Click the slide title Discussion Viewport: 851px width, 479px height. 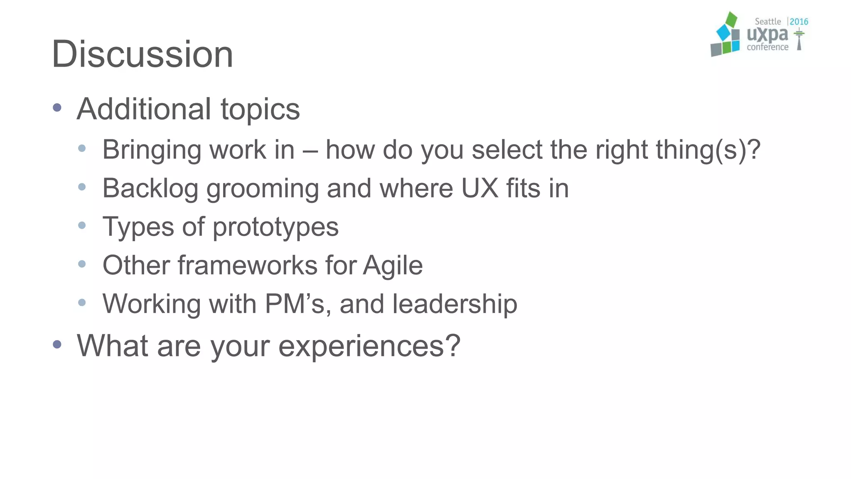(142, 54)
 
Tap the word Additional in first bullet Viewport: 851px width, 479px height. (144, 109)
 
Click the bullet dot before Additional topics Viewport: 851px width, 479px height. (57, 108)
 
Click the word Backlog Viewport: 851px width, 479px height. (150, 188)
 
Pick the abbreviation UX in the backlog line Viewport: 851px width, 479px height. (480, 188)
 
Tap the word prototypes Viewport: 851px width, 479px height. (275, 227)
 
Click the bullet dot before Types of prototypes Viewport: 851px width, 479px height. (82, 225)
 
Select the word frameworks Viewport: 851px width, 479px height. (247, 265)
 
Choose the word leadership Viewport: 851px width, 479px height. (455, 304)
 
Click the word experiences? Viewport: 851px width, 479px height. (369, 346)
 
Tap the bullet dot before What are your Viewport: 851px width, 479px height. (57, 344)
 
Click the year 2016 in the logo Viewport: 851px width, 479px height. (799, 22)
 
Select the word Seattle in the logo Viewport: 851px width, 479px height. (767, 22)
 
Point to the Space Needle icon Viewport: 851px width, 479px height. (799, 40)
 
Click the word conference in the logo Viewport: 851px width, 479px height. (767, 47)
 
